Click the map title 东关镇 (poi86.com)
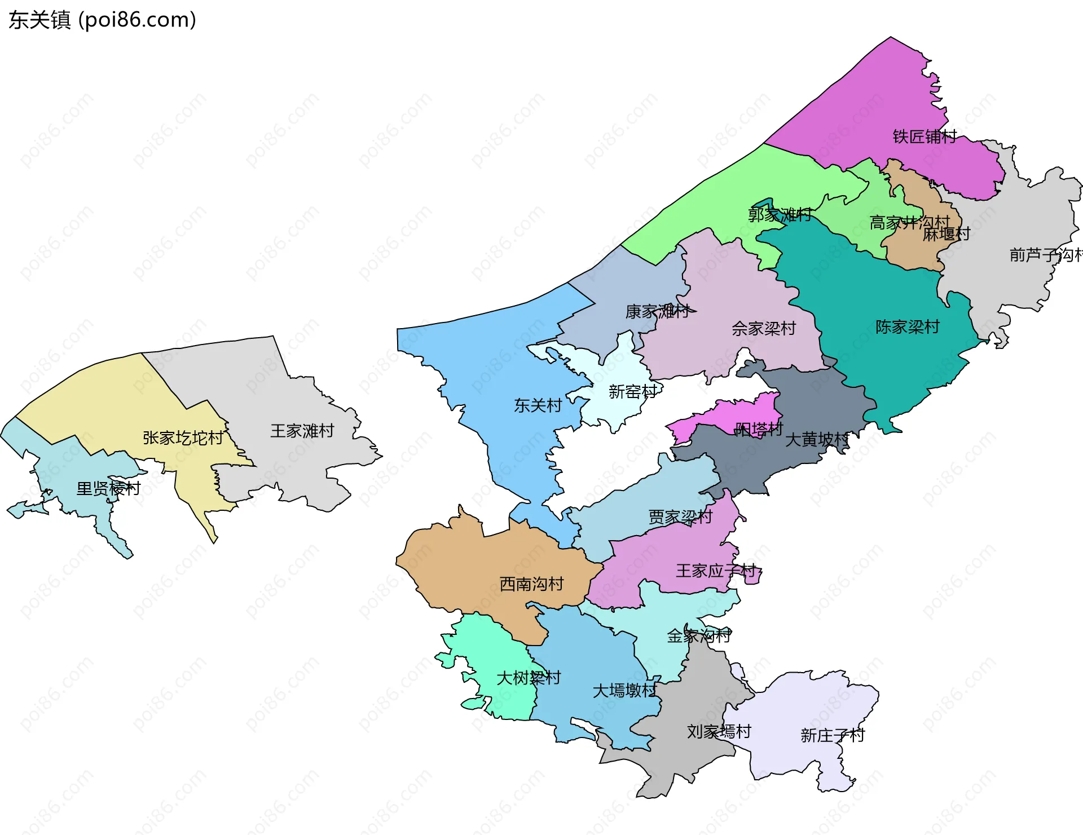102,20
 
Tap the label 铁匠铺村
924,136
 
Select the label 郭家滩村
780,215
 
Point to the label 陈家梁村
907,327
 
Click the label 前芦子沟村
1045,255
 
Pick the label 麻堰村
946,234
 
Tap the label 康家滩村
657,312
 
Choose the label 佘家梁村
763,329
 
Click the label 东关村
538,405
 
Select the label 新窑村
632,392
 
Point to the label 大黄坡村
817,440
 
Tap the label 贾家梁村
680,517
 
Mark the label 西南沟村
531,584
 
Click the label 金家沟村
699,637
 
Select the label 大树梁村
529,678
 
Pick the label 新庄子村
832,736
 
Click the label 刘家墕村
719,732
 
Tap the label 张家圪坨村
183,438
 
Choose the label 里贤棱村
108,489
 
